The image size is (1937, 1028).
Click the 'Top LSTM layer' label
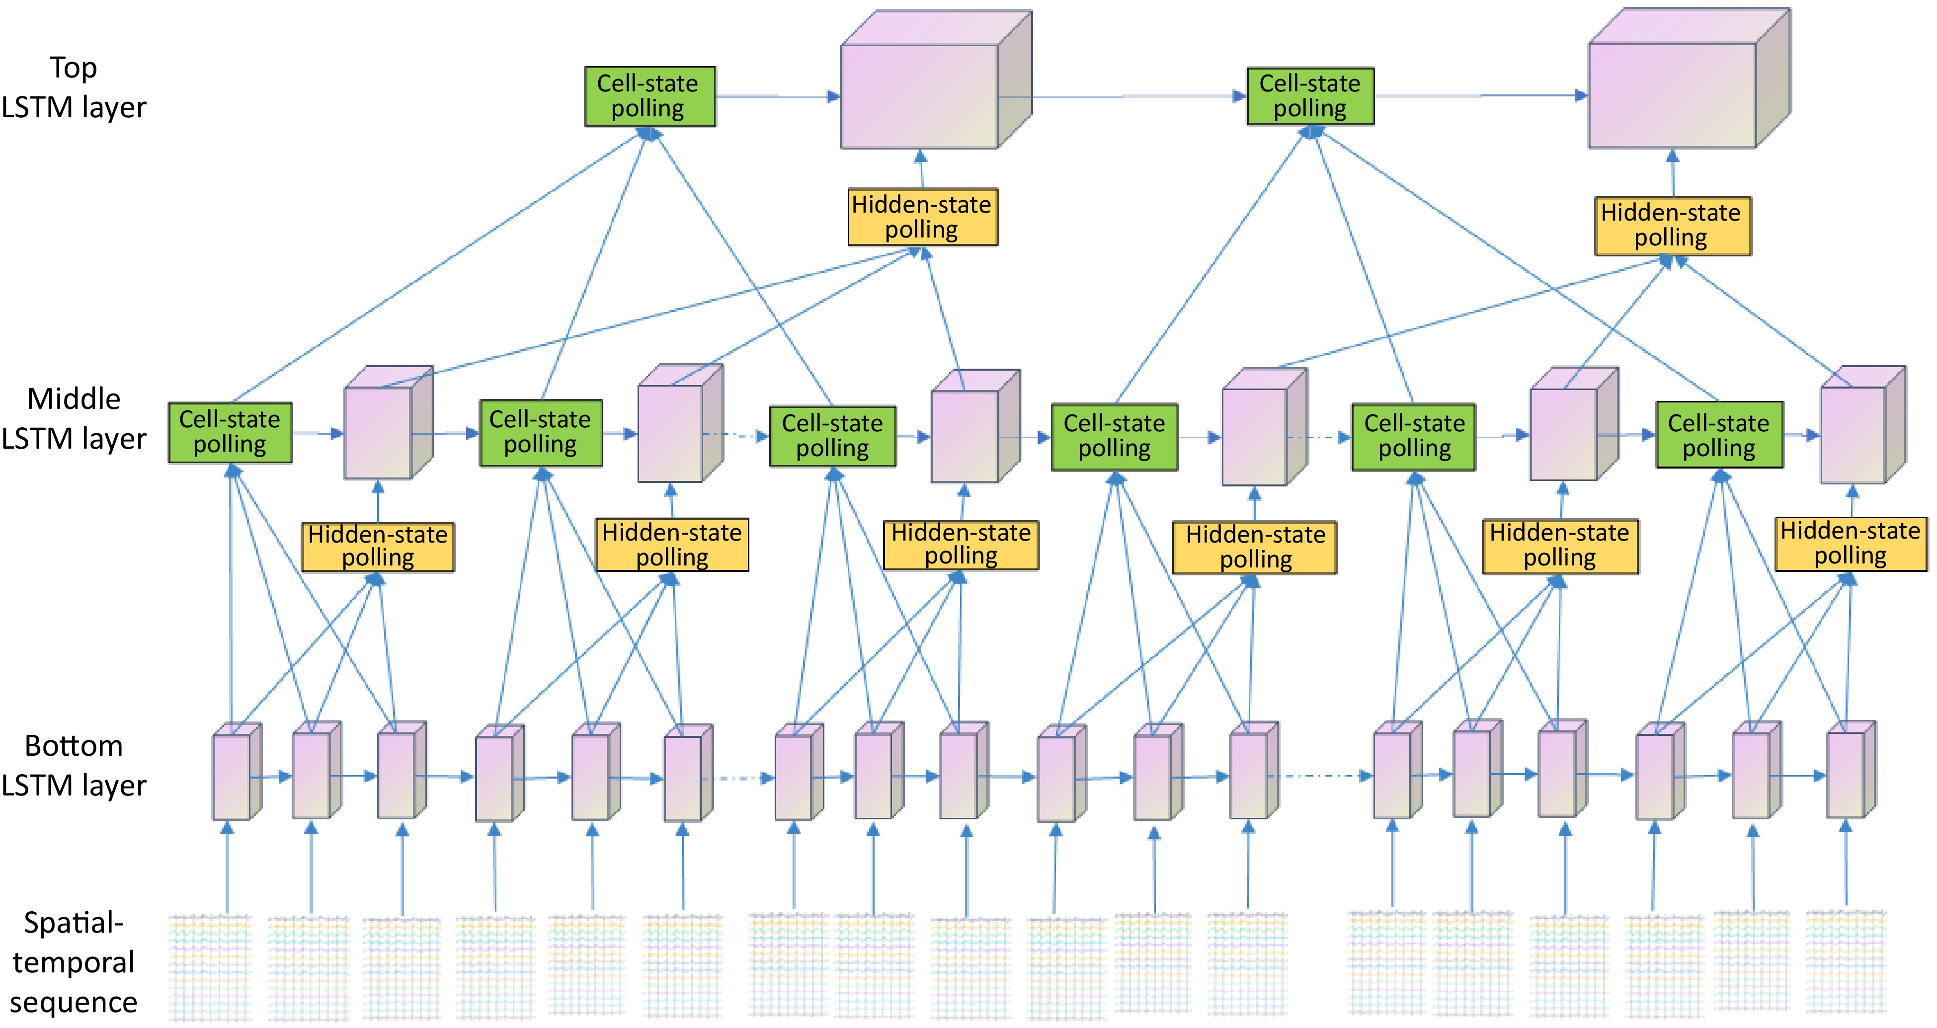coord(73,87)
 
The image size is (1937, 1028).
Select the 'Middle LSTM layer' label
coord(73,419)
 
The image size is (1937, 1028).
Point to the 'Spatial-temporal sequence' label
coord(73,962)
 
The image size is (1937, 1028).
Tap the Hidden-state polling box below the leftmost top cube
coord(922,217)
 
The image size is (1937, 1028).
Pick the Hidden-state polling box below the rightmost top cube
coord(1672,225)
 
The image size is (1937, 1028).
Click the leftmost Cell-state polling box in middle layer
coord(230,432)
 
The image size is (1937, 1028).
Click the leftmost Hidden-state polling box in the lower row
coord(378,547)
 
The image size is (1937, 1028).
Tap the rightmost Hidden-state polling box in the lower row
coord(1851,544)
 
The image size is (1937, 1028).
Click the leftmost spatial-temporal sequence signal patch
coord(209,966)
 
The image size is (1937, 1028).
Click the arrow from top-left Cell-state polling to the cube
coord(775,96)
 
